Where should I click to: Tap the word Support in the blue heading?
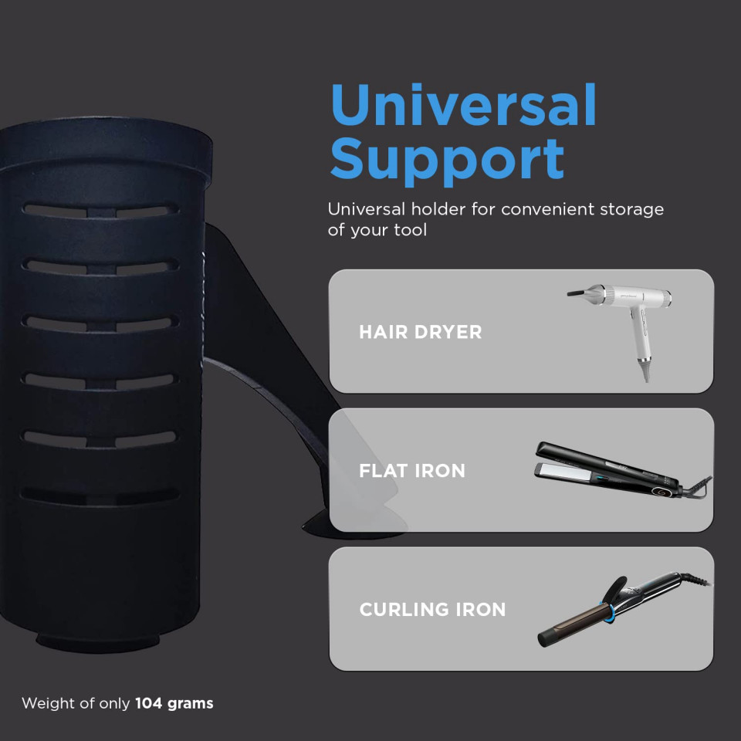[x=447, y=161]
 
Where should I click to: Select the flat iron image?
[x=623, y=470]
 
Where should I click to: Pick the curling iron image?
[x=624, y=609]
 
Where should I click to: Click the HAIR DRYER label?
[x=420, y=332]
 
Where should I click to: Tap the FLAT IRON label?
[x=412, y=471]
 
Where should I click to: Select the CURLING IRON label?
[x=432, y=609]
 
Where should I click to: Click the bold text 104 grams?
[x=174, y=703]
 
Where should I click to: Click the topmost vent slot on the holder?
[x=100, y=210]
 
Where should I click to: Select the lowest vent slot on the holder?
[x=100, y=496]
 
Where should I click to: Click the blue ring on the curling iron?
[x=607, y=611]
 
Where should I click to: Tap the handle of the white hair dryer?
[x=643, y=343]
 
